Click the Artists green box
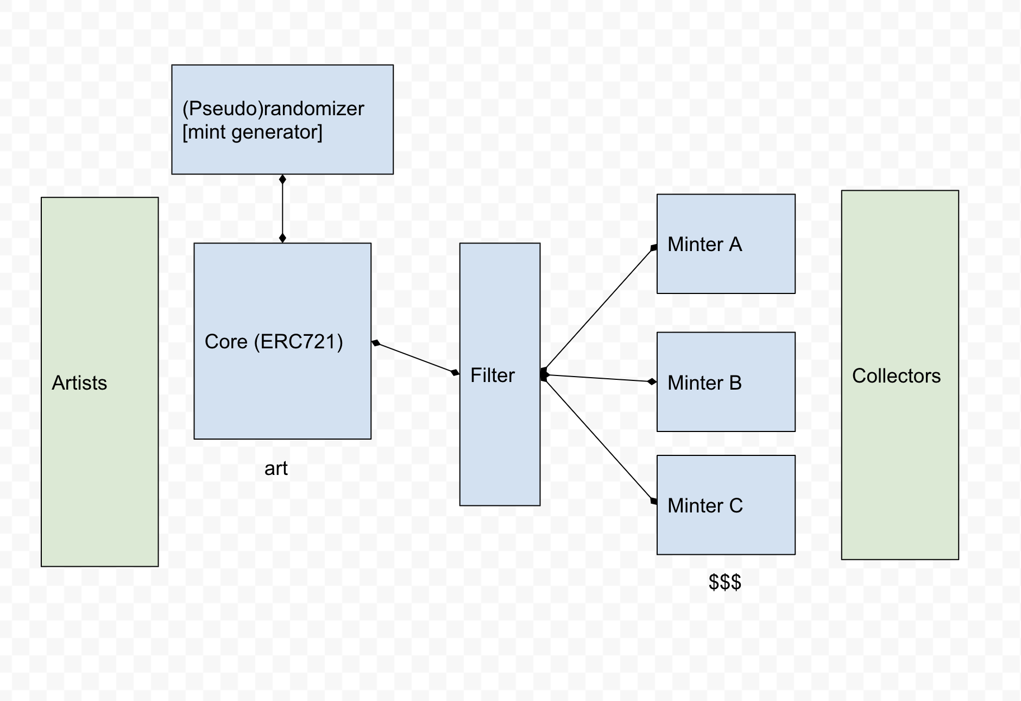(x=99, y=381)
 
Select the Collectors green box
(x=899, y=374)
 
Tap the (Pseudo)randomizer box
(x=282, y=120)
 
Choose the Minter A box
(x=726, y=244)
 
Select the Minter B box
(x=726, y=382)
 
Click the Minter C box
(x=726, y=505)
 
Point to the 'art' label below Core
(x=276, y=468)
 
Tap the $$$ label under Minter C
(x=724, y=582)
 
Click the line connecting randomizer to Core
(x=282, y=209)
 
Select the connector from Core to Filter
(x=415, y=358)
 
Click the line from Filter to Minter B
(x=597, y=378)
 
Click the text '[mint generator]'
(x=252, y=132)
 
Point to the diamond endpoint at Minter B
(x=652, y=381)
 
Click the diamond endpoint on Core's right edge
(x=376, y=343)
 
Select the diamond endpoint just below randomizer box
(x=282, y=179)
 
